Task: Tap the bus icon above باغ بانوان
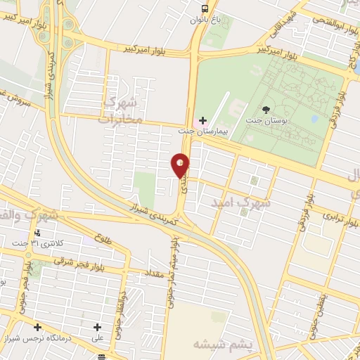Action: click(x=204, y=8)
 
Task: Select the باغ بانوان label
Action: click(x=205, y=20)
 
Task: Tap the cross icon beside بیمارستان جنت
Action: click(x=203, y=121)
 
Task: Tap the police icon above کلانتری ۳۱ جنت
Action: click(x=37, y=233)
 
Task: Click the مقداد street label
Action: click(x=155, y=271)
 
